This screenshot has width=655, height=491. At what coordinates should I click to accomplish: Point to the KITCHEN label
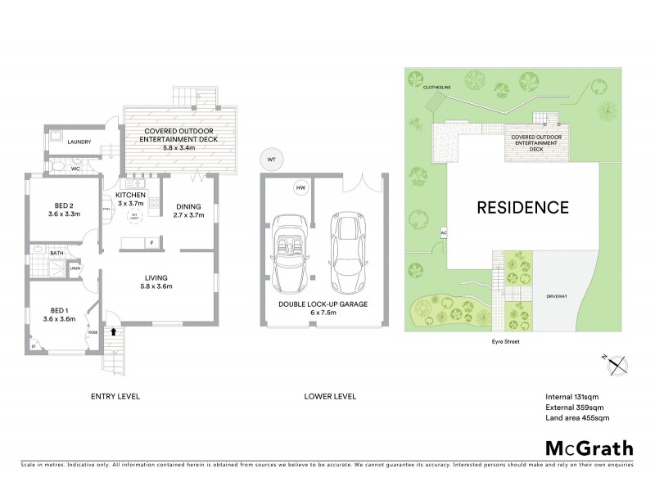[x=130, y=195]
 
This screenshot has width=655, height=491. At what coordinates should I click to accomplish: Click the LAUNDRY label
[x=79, y=142]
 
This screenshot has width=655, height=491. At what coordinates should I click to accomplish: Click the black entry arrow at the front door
[x=112, y=332]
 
